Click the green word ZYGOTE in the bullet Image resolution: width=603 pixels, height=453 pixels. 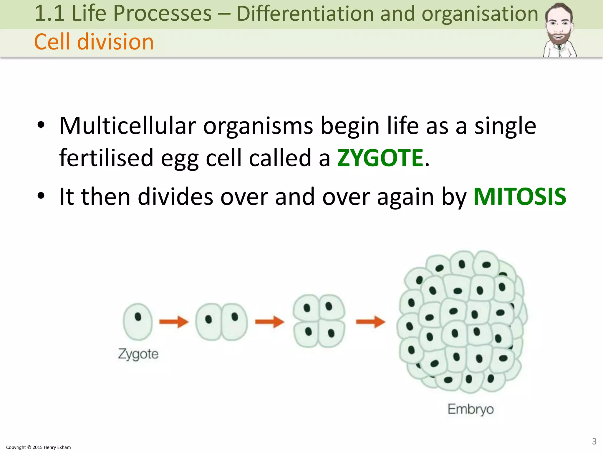380,158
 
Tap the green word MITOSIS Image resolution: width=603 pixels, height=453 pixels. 520,197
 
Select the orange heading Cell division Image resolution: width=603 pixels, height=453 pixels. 94,42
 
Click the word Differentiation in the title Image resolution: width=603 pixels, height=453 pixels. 305,14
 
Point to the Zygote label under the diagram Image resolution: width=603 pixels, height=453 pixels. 138,354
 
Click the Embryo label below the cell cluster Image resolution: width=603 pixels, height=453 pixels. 471,409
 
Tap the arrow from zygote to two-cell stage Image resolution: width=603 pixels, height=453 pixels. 174,321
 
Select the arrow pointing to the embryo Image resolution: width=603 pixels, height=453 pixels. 370,321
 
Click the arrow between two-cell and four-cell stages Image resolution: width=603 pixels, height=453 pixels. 269,321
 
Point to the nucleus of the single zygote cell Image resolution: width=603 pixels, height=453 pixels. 138,317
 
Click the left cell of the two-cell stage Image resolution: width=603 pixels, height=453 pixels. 208,322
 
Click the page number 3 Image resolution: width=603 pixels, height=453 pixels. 594,441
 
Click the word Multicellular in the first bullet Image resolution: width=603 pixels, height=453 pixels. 128,126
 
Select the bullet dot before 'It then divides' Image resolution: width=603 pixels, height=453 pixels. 41,196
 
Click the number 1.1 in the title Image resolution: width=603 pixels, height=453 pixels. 49,14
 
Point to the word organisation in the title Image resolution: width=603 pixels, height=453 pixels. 480,14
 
